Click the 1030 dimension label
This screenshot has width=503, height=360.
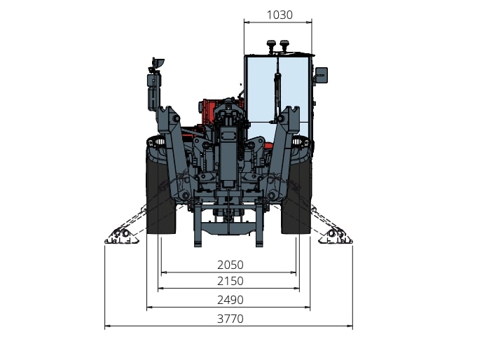280,15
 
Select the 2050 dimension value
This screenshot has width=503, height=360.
230,265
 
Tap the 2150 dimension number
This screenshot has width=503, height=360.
230,281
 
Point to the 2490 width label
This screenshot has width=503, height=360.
230,300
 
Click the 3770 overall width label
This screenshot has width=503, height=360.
230,319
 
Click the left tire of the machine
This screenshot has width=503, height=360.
160,195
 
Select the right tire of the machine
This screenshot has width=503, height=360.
296,195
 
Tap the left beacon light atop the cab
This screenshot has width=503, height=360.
271,46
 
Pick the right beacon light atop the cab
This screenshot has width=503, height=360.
284,46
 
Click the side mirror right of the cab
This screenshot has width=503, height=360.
322,75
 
